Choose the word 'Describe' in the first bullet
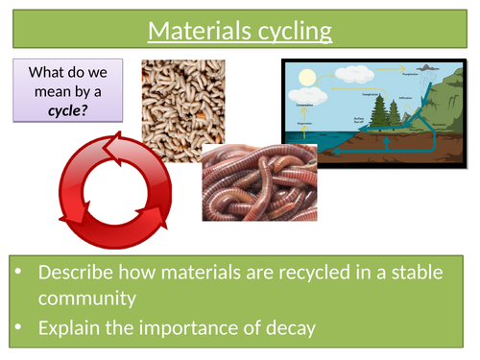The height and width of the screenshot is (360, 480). [x=78, y=273]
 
